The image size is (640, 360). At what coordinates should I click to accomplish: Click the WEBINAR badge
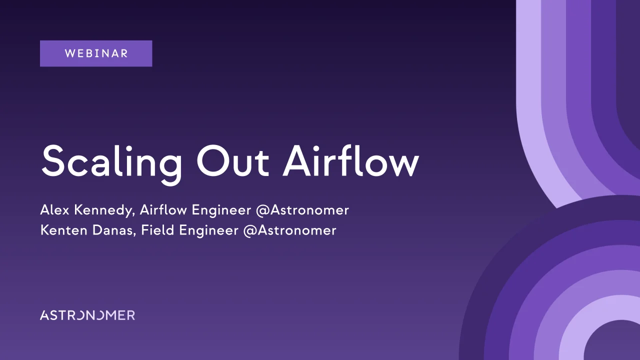click(x=96, y=53)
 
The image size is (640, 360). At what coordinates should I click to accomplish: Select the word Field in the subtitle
click(x=157, y=230)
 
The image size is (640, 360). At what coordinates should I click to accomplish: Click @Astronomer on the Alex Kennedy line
click(x=302, y=210)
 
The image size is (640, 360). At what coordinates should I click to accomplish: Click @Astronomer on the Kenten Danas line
click(x=289, y=230)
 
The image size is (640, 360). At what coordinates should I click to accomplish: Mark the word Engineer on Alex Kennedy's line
click(x=221, y=210)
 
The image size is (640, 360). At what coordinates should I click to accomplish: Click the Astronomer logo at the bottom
click(x=87, y=315)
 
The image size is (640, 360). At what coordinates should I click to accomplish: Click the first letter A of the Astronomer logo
click(x=44, y=315)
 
